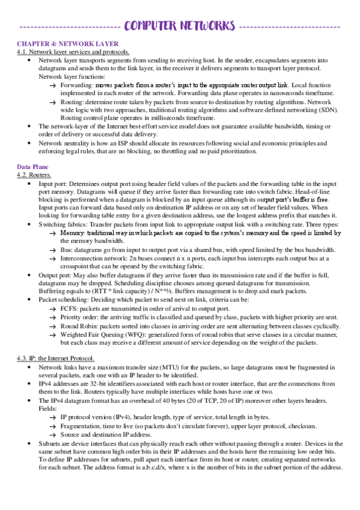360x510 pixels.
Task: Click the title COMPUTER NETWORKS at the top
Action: pos(180,25)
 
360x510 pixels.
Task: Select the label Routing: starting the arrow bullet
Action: pos(72,103)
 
